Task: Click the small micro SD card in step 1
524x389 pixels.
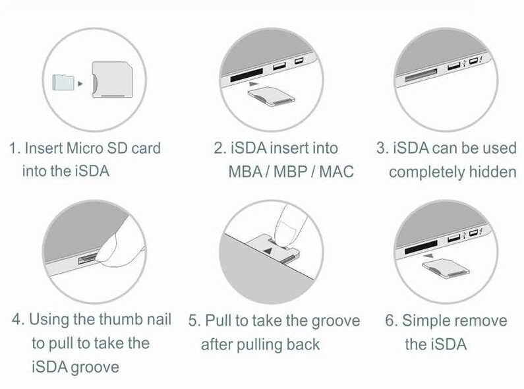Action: [63, 82]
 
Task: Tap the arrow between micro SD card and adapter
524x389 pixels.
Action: [80, 84]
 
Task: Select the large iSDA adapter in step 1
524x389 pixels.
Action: [113, 80]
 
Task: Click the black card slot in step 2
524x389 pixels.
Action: [247, 75]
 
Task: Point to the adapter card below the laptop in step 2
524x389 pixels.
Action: [271, 96]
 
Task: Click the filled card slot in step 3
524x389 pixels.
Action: [421, 75]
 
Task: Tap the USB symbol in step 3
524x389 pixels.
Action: [465, 63]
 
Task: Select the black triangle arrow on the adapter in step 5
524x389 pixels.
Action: [268, 251]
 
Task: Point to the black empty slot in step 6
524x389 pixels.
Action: [421, 247]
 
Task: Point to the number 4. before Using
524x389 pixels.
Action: [18, 320]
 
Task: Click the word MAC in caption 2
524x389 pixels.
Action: [336, 172]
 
